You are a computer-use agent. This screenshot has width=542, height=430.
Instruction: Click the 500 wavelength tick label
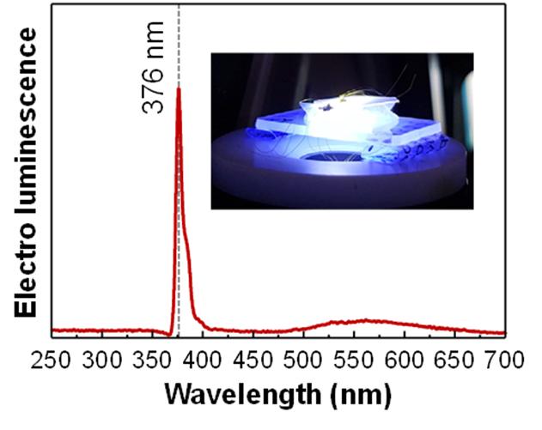tap(311, 358)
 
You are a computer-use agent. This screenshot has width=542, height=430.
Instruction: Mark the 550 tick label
tap(361, 358)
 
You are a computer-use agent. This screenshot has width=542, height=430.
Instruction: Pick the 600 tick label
tap(411, 358)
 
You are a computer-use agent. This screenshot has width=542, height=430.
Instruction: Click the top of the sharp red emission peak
tap(178, 88)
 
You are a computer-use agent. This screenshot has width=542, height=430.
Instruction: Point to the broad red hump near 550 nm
tap(365, 322)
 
